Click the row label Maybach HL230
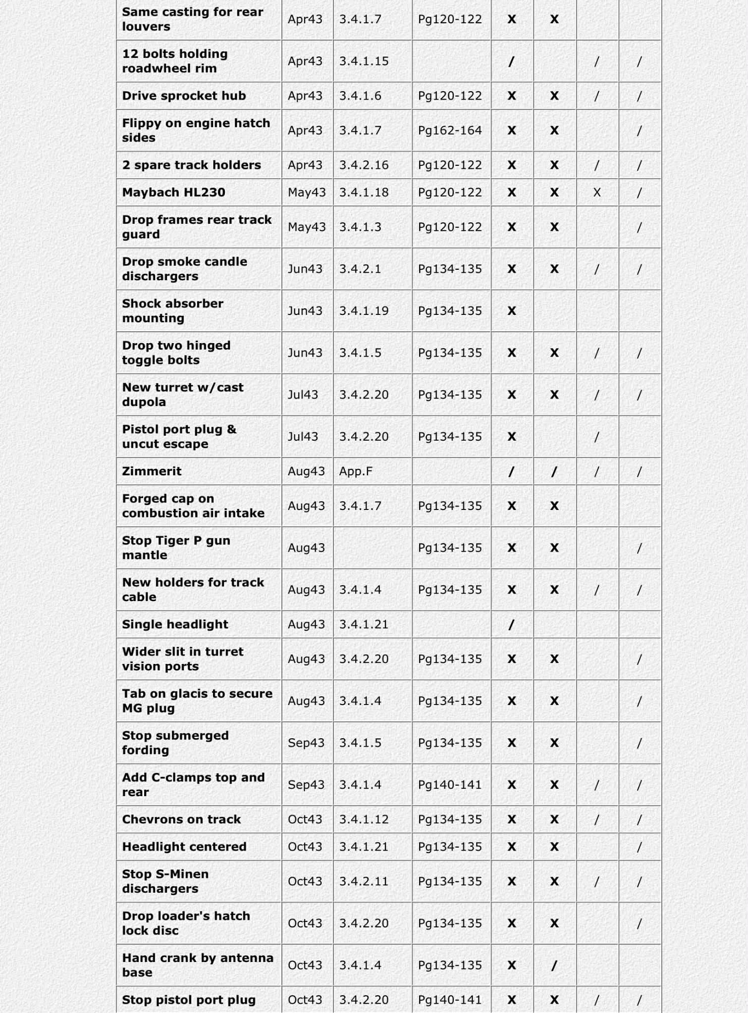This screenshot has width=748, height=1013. pos(173,192)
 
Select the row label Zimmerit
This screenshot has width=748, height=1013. pos(152,471)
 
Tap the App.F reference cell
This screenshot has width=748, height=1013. pos(355,471)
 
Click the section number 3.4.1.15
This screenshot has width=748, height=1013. pos(364,61)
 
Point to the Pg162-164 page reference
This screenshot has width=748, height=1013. pos(449,130)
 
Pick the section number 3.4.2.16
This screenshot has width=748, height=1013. pos(364,165)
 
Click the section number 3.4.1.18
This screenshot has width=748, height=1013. pos(364,192)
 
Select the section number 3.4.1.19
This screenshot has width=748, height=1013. pos(364,310)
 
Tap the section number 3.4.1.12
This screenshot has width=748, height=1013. pos(364,819)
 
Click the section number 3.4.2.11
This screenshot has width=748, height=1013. pos(364,881)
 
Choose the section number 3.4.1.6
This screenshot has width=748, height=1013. pos(360,96)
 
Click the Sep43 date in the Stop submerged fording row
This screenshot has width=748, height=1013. pos(306,743)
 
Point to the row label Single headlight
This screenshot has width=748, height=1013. pos(175,624)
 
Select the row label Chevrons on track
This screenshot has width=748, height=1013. pos(181,819)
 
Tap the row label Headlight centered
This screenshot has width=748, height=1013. pos(184,847)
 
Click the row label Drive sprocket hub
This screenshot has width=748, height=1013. pos(184,96)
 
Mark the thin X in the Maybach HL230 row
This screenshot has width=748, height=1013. pos(597,192)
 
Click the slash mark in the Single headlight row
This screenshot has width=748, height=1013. pos(511,625)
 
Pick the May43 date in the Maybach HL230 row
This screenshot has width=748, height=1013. pos(307,192)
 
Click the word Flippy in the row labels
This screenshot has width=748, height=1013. pos(141,123)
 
